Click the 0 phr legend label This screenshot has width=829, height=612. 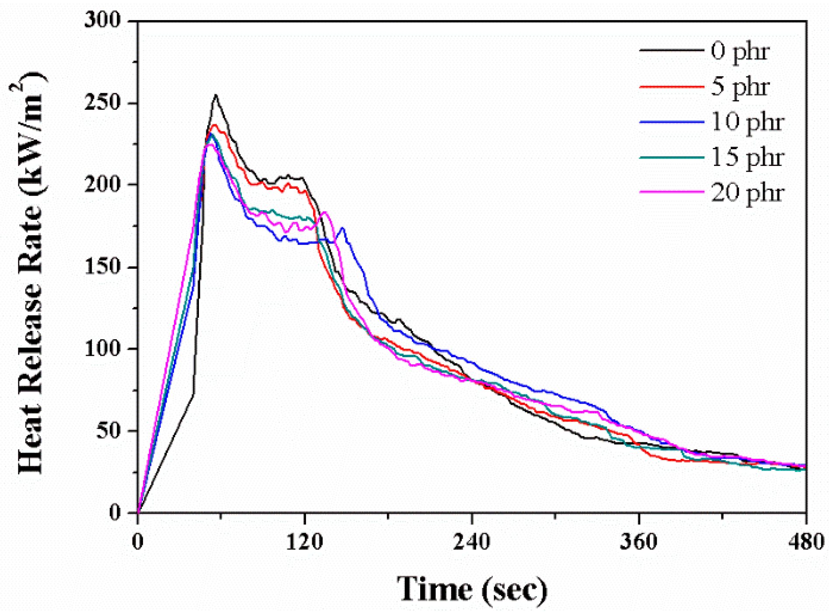pos(740,52)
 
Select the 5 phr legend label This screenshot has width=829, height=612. pos(740,87)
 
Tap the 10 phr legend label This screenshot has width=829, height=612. pos(747,122)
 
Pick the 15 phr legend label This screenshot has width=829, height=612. pos(747,157)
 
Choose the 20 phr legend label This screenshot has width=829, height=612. pos(747,193)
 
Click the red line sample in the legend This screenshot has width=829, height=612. pos(672,87)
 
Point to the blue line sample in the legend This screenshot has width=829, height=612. pos(672,122)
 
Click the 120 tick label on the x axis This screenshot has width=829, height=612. pos(304,542)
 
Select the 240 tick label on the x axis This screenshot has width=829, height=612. pos(472,542)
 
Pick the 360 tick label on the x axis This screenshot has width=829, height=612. pos(639,542)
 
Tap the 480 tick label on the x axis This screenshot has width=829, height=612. pos(806,542)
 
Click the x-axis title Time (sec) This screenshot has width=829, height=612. pos(472,589)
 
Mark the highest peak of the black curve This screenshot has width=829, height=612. pos(216,95)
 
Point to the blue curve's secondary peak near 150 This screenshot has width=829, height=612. pos(342,228)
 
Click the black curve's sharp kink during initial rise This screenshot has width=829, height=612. pos(193,393)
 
